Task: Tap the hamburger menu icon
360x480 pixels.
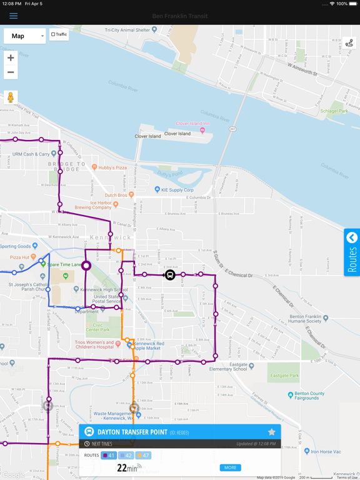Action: pos(13,16)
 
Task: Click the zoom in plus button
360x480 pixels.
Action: pos(11,58)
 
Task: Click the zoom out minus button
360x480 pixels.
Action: pos(11,72)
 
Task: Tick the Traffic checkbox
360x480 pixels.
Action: pos(54,34)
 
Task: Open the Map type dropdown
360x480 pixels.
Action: pos(24,36)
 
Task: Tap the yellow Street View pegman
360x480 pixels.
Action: pos(11,97)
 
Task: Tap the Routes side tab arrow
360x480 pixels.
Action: pos(352,238)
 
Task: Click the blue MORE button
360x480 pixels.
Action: pos(230,467)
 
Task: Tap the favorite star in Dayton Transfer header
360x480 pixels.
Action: pos(271,432)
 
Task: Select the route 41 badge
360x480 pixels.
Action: pos(109,456)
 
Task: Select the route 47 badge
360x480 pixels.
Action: pos(143,456)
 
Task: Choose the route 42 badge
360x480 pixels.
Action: pos(126,456)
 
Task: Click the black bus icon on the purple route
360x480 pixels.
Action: pos(169,275)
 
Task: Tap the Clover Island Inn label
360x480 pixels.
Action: pos(192,124)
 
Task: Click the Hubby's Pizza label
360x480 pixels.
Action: pos(112,167)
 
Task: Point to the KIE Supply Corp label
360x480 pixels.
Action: pos(177,190)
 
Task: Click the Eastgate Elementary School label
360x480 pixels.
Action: pos(229,369)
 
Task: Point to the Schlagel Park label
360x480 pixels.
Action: pos(334,111)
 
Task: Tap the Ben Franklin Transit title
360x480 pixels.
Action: pos(180,16)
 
